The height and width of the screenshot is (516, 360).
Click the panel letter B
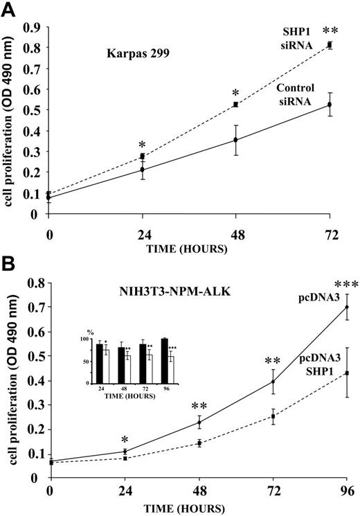tap(8, 267)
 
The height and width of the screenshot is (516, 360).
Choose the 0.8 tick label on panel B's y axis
tap(33, 284)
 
